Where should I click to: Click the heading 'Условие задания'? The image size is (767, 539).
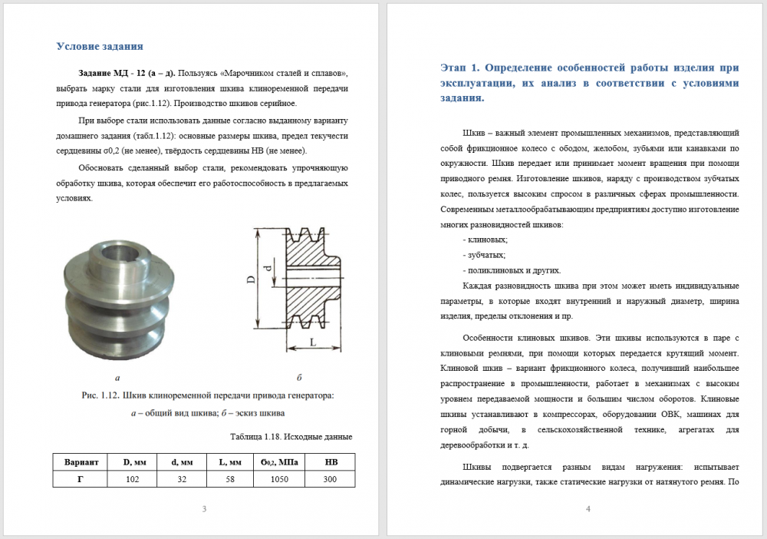tap(100, 46)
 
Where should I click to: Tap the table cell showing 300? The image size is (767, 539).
tap(331, 478)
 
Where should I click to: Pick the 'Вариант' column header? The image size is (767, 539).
tap(81, 462)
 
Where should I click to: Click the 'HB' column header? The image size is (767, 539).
tap(331, 462)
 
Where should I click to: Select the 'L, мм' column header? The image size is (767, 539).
tap(230, 462)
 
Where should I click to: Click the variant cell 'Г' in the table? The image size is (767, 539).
tap(81, 478)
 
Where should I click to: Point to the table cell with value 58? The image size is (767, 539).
tap(230, 478)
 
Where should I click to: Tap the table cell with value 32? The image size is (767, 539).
tap(181, 478)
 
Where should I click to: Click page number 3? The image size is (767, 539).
tap(203, 509)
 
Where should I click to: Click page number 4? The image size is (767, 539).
tap(588, 509)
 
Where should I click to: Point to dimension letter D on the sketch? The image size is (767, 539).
tap(251, 280)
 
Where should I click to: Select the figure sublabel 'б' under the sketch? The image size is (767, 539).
tap(299, 378)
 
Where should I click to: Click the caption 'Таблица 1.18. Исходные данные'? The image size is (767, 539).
tap(291, 437)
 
